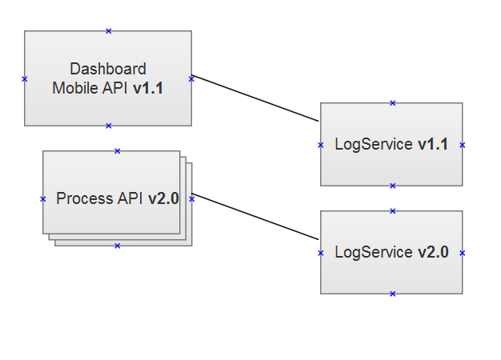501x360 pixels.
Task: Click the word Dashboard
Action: pos(108,69)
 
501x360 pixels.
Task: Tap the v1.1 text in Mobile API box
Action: pos(148,89)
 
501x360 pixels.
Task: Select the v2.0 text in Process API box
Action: pos(163,198)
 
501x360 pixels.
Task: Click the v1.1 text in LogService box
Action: pos(432,145)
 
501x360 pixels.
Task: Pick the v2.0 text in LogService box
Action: pos(432,252)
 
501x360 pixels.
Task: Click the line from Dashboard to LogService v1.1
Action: pos(256,98)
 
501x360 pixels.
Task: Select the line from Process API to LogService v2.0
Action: pos(256,216)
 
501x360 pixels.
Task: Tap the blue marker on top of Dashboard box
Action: pos(109,31)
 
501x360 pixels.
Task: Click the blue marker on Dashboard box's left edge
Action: pos(25,78)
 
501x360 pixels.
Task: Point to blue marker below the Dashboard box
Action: pos(109,126)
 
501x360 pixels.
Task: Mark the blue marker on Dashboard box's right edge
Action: pos(191,78)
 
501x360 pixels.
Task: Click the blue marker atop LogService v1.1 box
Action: pos(392,102)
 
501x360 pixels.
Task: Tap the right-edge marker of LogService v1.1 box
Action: pos(463,145)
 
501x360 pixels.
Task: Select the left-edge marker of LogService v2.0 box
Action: pos(321,253)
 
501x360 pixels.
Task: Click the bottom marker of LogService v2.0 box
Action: pos(392,294)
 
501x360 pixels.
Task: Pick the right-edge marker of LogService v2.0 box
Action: pos(463,253)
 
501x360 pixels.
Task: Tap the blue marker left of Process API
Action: pos(43,198)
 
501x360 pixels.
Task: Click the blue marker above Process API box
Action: pos(117,150)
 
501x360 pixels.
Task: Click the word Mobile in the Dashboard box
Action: pos(70,89)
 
